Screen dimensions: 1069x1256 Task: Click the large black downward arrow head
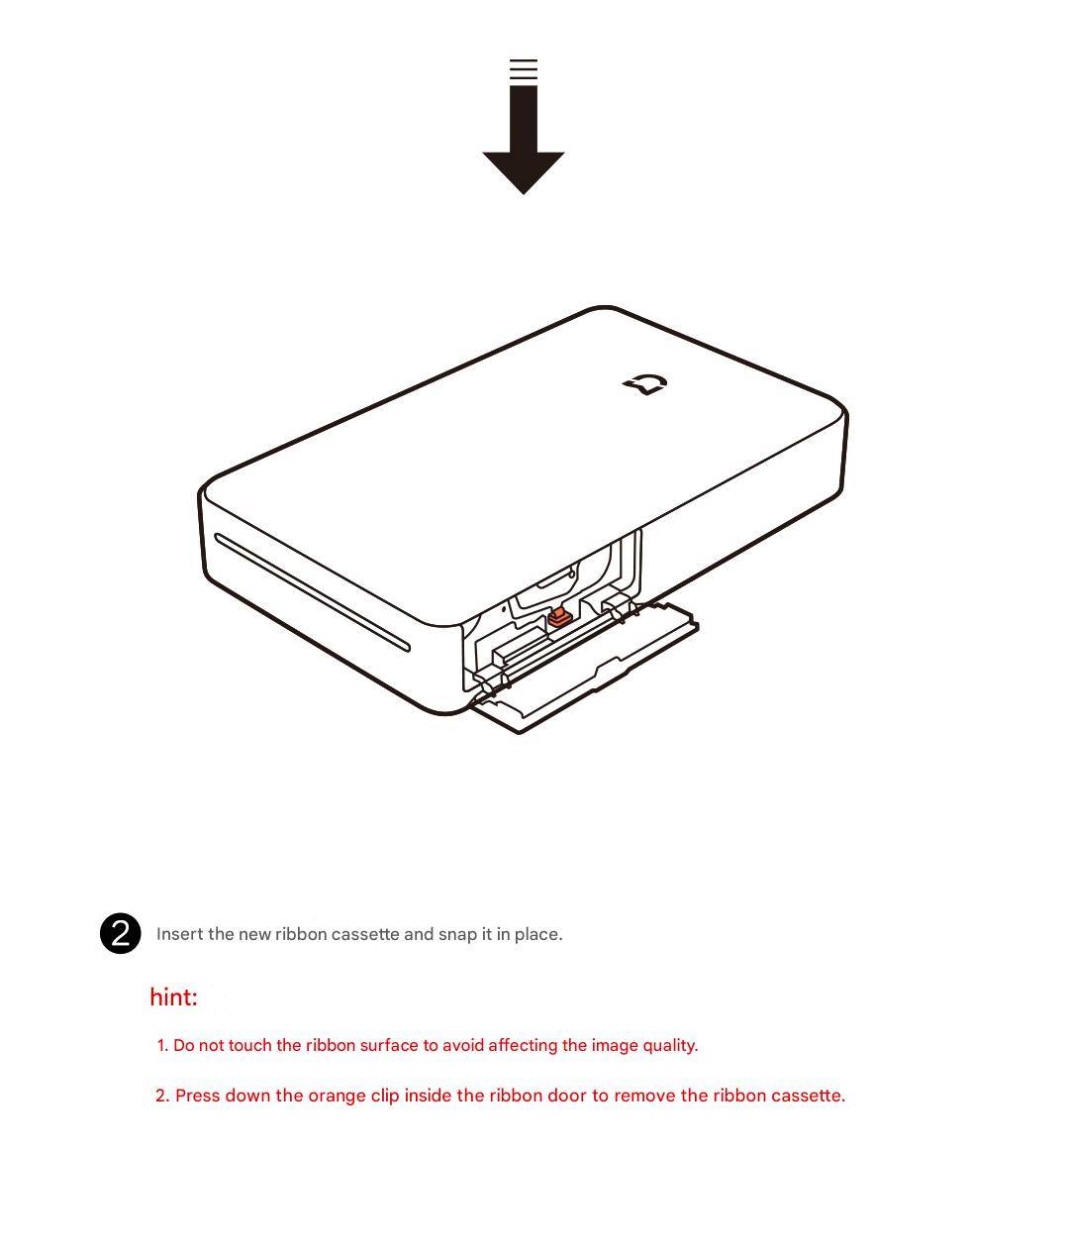pos(523,172)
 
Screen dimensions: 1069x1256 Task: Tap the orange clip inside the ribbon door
pos(559,618)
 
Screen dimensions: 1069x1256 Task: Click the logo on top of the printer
pos(645,384)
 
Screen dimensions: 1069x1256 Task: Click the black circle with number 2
pos(121,933)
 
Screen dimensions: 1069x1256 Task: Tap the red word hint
pos(174,997)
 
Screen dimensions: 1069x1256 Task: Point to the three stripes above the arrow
pos(524,69)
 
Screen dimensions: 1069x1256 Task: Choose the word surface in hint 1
pos(389,1045)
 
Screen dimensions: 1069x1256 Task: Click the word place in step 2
pos(538,935)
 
